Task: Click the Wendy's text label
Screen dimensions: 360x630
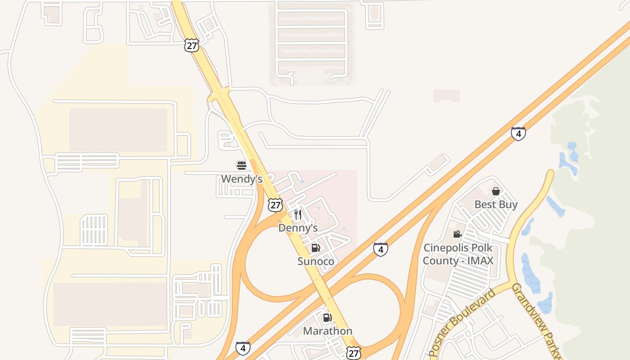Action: [x=242, y=179]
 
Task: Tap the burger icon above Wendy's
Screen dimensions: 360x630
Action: [x=242, y=166]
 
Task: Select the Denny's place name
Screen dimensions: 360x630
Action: [x=298, y=228]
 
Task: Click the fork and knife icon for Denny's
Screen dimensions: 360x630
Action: [x=298, y=215]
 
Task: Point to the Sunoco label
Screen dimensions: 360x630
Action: [x=316, y=261]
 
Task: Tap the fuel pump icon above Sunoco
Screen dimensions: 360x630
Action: [x=316, y=248]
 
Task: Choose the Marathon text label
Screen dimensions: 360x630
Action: [x=328, y=331]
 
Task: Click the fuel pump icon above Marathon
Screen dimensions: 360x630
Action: [x=328, y=318]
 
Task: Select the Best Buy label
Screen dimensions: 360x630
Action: [x=496, y=205]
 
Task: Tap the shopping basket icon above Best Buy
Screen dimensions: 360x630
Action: [x=496, y=191]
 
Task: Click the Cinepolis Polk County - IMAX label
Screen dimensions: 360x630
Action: [x=458, y=254]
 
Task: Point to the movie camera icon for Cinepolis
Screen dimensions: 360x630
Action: [x=458, y=234]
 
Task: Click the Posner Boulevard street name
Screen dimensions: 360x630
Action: [x=462, y=322]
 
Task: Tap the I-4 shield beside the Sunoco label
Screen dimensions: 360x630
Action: [x=381, y=249]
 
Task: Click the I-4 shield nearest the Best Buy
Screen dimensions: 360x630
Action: [x=518, y=134]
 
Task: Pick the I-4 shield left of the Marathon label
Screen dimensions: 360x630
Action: [x=243, y=348]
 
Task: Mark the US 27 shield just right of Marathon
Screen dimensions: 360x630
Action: [x=354, y=353]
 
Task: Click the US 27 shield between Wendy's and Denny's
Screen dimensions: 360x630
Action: [x=275, y=205]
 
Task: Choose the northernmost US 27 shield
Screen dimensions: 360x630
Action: [x=192, y=45]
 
